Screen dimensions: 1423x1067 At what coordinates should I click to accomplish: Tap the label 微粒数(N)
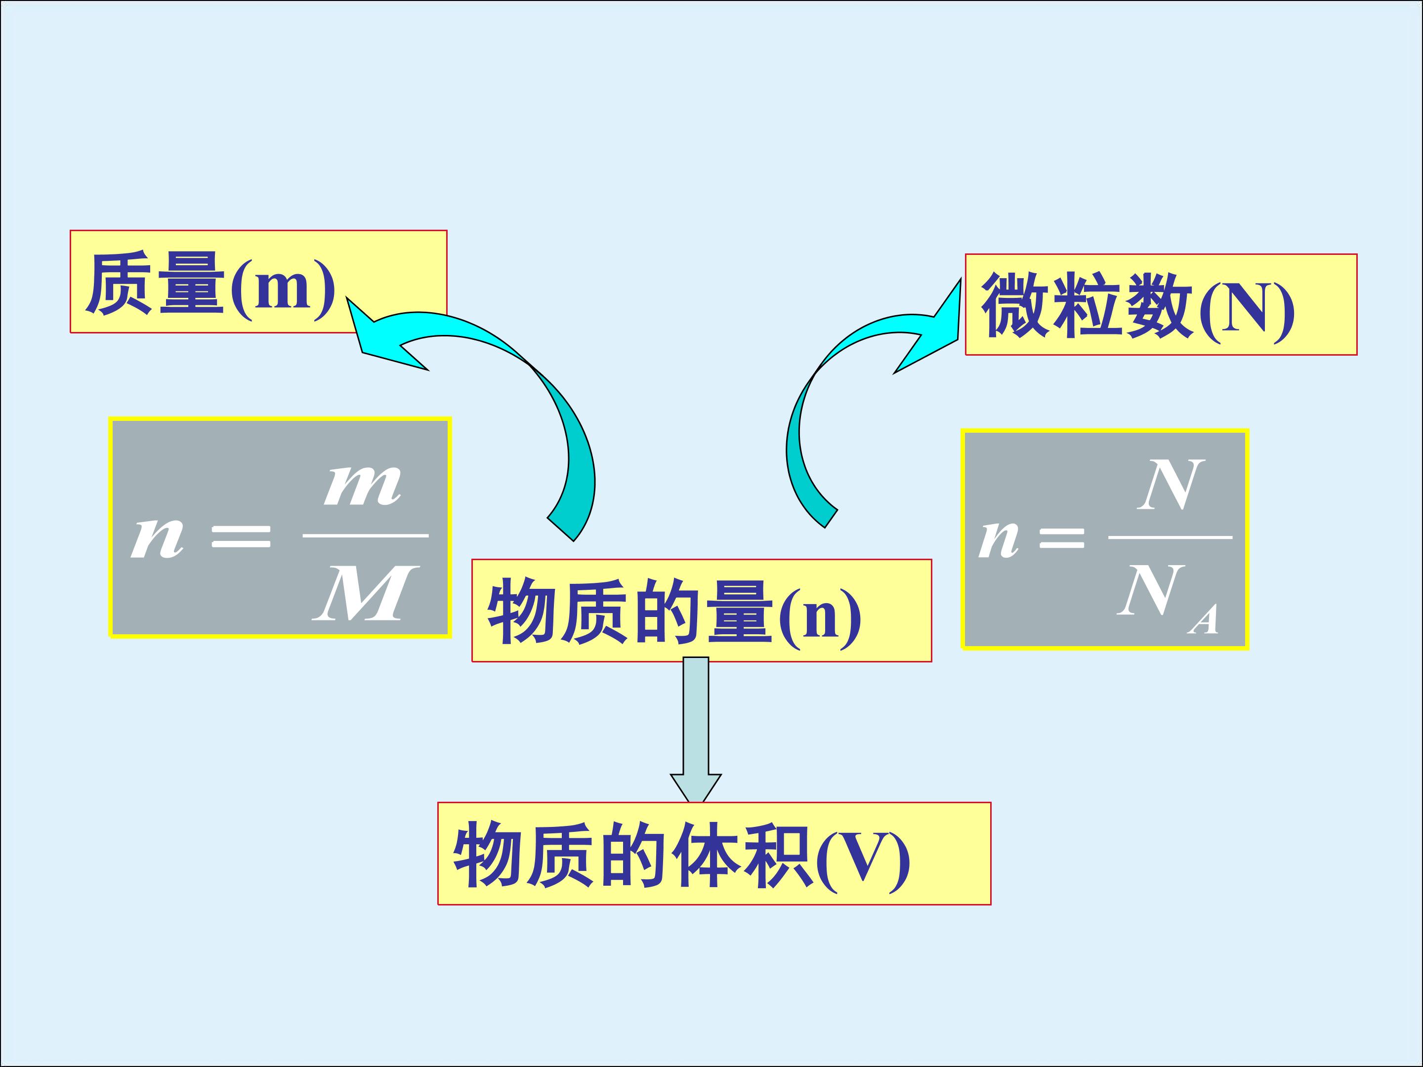pyautogui.click(x=1137, y=305)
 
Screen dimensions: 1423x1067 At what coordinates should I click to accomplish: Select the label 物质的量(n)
pyautogui.click(x=674, y=611)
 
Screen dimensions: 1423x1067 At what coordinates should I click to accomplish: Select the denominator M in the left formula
pyautogui.click(x=366, y=592)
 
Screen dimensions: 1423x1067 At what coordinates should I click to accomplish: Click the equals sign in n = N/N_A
pyautogui.click(x=1061, y=537)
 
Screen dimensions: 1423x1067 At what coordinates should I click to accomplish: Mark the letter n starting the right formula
pyautogui.click(x=999, y=539)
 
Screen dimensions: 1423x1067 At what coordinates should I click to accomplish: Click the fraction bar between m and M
pyautogui.click(x=366, y=535)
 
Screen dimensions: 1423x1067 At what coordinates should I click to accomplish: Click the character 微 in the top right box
pyautogui.click(x=1014, y=305)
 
